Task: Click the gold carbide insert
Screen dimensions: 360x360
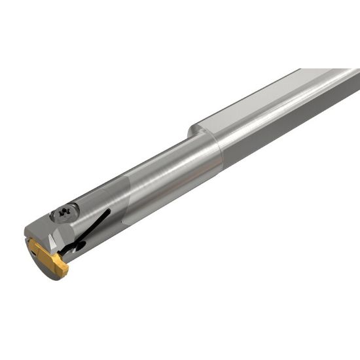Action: (x=47, y=259)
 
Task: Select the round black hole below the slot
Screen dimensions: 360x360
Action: (x=79, y=247)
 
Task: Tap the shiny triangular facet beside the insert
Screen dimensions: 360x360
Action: (x=62, y=242)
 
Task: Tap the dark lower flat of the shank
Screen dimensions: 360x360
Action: (x=288, y=131)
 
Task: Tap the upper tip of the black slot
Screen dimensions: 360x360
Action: (x=109, y=211)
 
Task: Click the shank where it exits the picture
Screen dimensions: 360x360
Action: (x=350, y=85)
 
